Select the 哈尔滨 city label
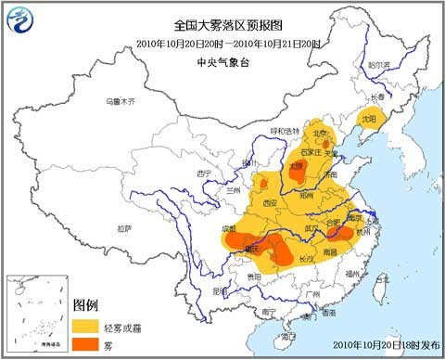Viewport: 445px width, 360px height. pos(379,65)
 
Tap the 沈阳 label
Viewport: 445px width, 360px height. pos(371,120)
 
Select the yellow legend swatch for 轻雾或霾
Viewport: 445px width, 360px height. pos(87,325)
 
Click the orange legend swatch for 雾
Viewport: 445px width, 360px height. pos(87,343)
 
